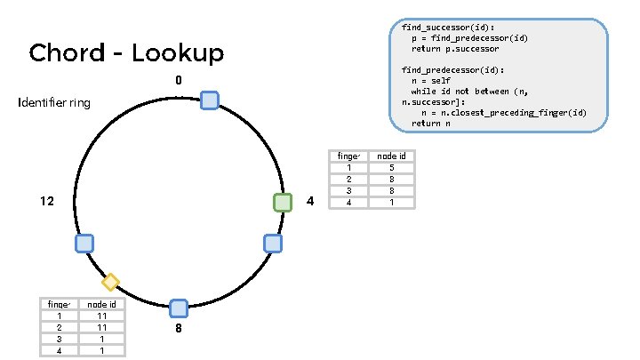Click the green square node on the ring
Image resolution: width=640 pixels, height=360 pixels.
[x=283, y=203]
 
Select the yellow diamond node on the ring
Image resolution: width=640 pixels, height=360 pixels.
[x=110, y=283]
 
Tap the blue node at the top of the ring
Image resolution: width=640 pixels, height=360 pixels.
[x=210, y=100]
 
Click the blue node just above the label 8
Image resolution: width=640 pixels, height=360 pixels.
[x=179, y=308]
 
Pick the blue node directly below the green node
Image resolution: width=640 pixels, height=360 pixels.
[x=274, y=243]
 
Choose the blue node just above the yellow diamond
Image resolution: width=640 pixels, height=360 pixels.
[x=84, y=243]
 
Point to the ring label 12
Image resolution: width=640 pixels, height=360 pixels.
[x=47, y=202]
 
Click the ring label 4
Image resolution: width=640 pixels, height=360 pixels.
[x=309, y=202]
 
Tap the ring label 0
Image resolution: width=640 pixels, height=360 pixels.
[x=179, y=81]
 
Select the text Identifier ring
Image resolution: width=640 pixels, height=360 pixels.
[x=54, y=104]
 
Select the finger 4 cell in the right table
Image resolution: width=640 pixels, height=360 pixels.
[x=350, y=202]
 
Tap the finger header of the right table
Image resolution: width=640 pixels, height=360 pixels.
[x=350, y=156]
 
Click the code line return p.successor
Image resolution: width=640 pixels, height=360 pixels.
[x=454, y=48]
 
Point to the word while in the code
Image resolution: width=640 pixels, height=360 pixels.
[x=422, y=92]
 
